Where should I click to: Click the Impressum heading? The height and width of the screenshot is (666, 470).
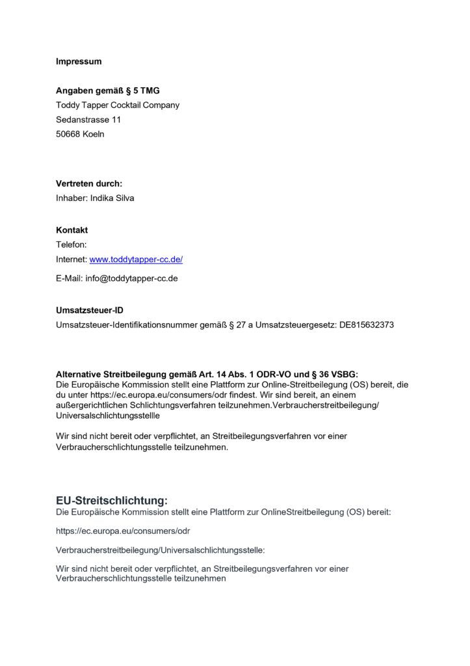click(79, 62)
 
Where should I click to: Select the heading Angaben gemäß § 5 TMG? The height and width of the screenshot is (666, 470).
click(107, 91)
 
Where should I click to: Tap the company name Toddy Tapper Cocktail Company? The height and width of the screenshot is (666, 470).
click(117, 105)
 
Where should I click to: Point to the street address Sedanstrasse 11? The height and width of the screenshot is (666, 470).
click(88, 120)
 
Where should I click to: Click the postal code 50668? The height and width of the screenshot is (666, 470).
click(68, 135)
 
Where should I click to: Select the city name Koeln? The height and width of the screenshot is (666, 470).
click(94, 135)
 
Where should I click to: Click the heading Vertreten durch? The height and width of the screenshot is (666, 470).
click(88, 184)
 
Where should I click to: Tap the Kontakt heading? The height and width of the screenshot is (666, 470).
click(72, 230)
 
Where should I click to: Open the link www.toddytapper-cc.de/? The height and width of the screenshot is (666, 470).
click(136, 260)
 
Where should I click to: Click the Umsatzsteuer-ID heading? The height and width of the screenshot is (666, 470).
click(89, 310)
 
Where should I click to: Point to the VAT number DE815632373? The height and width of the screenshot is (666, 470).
click(367, 325)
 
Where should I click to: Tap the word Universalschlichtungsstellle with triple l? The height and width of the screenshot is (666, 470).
click(107, 415)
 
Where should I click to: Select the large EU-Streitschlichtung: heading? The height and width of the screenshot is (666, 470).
click(112, 501)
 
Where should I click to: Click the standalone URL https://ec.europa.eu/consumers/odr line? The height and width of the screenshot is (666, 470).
click(123, 531)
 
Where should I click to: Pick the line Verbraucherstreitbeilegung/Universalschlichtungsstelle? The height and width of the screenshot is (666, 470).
click(161, 550)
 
